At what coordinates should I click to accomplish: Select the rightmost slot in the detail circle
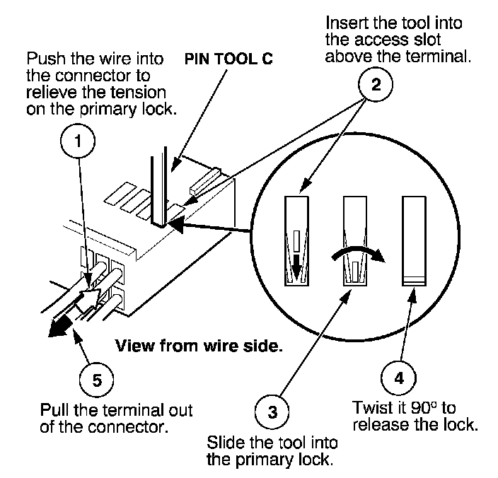click(412, 240)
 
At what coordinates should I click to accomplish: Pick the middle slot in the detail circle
click(354, 240)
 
